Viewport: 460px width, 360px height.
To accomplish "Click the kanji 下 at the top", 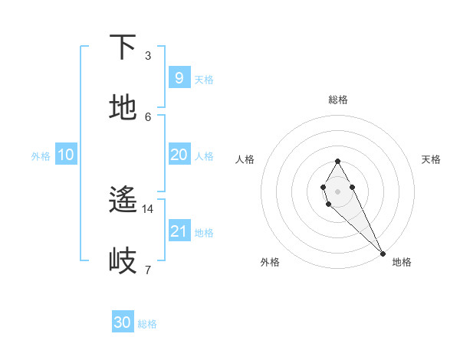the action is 123,47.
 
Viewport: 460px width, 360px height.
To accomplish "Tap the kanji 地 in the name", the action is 123,108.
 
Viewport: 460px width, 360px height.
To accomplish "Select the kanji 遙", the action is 123,201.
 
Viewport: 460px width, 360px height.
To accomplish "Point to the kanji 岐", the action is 123,261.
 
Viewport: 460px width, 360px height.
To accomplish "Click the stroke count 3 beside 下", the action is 148,56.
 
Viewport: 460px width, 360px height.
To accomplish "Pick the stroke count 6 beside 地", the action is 148,116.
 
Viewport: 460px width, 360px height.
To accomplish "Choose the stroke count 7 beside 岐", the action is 148,270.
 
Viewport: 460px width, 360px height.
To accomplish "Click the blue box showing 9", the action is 179,77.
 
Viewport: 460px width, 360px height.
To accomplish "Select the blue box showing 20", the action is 179,155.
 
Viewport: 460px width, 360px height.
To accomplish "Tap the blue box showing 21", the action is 179,231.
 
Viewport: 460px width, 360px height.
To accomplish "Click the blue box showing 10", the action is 66,155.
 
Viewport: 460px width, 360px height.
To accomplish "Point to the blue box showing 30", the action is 122,322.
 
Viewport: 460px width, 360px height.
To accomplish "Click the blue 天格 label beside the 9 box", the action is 204,79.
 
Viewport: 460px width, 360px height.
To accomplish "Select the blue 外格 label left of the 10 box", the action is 41,156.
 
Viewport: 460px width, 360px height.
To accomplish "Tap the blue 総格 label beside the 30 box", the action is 147,324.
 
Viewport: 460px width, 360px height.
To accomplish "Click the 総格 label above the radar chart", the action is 338,100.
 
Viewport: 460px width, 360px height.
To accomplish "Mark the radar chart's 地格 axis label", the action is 402,262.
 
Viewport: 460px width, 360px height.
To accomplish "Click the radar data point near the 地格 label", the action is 383,253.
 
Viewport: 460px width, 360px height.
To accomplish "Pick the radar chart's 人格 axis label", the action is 245,159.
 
